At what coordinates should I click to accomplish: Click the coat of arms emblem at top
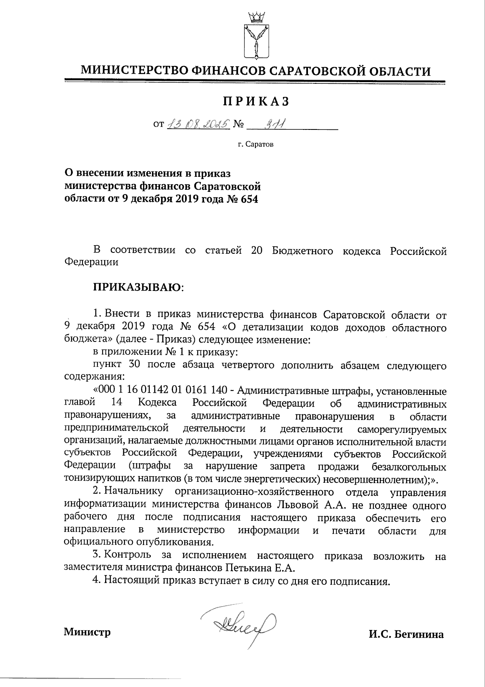pos(255,36)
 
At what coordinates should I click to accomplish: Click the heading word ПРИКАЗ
pos(256,102)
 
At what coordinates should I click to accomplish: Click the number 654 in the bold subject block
pos(249,199)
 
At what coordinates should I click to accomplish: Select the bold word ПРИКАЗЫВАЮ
pos(138,287)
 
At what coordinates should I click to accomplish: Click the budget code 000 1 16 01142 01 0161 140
pos(163,391)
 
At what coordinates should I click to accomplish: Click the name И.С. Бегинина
pos(406,634)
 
